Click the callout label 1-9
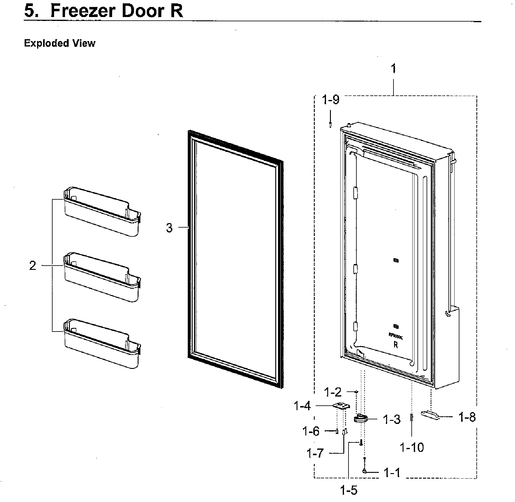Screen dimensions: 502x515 [331, 100]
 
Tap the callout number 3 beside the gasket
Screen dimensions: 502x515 [169, 228]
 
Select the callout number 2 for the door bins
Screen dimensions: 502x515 [33, 266]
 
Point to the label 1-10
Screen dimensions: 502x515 [412, 447]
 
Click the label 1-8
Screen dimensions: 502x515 [467, 418]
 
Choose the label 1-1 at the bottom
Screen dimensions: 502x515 [392, 473]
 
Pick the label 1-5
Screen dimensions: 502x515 [349, 490]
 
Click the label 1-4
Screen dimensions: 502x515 [302, 406]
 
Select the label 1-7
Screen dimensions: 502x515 [315, 454]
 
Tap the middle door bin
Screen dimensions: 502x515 [102, 278]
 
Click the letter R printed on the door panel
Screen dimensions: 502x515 [396, 345]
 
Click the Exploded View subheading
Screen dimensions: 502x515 [60, 43]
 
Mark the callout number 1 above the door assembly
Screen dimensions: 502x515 [393, 69]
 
